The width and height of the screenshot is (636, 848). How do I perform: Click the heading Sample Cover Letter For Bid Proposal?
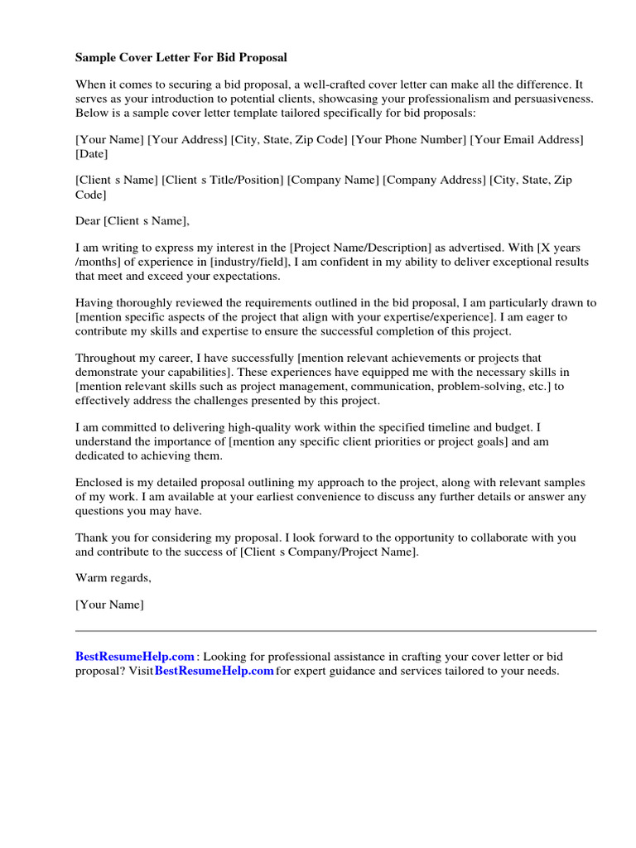click(181, 58)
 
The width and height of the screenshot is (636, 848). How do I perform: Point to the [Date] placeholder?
click(92, 154)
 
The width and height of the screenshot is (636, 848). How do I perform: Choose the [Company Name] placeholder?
click(333, 181)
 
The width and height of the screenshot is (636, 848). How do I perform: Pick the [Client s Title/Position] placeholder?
click(223, 181)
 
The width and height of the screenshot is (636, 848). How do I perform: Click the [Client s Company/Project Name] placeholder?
click(330, 551)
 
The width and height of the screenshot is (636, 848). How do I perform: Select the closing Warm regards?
click(113, 577)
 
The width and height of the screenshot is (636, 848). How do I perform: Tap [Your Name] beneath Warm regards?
click(109, 605)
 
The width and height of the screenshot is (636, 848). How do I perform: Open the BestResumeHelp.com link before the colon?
click(135, 657)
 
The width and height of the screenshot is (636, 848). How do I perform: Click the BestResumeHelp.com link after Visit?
click(214, 671)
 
